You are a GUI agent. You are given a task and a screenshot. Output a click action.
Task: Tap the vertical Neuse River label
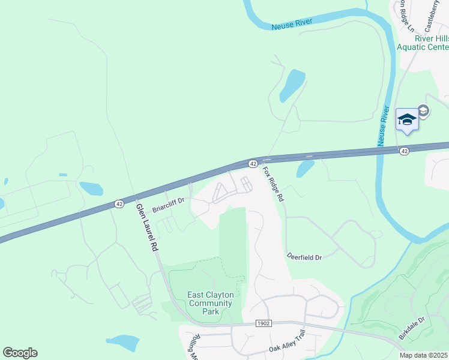(x=382, y=126)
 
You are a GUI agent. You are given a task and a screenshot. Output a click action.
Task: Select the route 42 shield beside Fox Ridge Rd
(x=253, y=163)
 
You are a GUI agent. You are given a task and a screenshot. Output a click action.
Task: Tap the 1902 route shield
(x=264, y=323)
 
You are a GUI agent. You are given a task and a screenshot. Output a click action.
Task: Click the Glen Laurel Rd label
(x=146, y=227)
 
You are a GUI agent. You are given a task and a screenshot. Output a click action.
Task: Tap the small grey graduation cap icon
(x=424, y=110)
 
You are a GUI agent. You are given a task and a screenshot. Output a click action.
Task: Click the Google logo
(x=20, y=353)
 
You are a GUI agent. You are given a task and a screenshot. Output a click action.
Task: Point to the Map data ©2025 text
(x=424, y=355)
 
